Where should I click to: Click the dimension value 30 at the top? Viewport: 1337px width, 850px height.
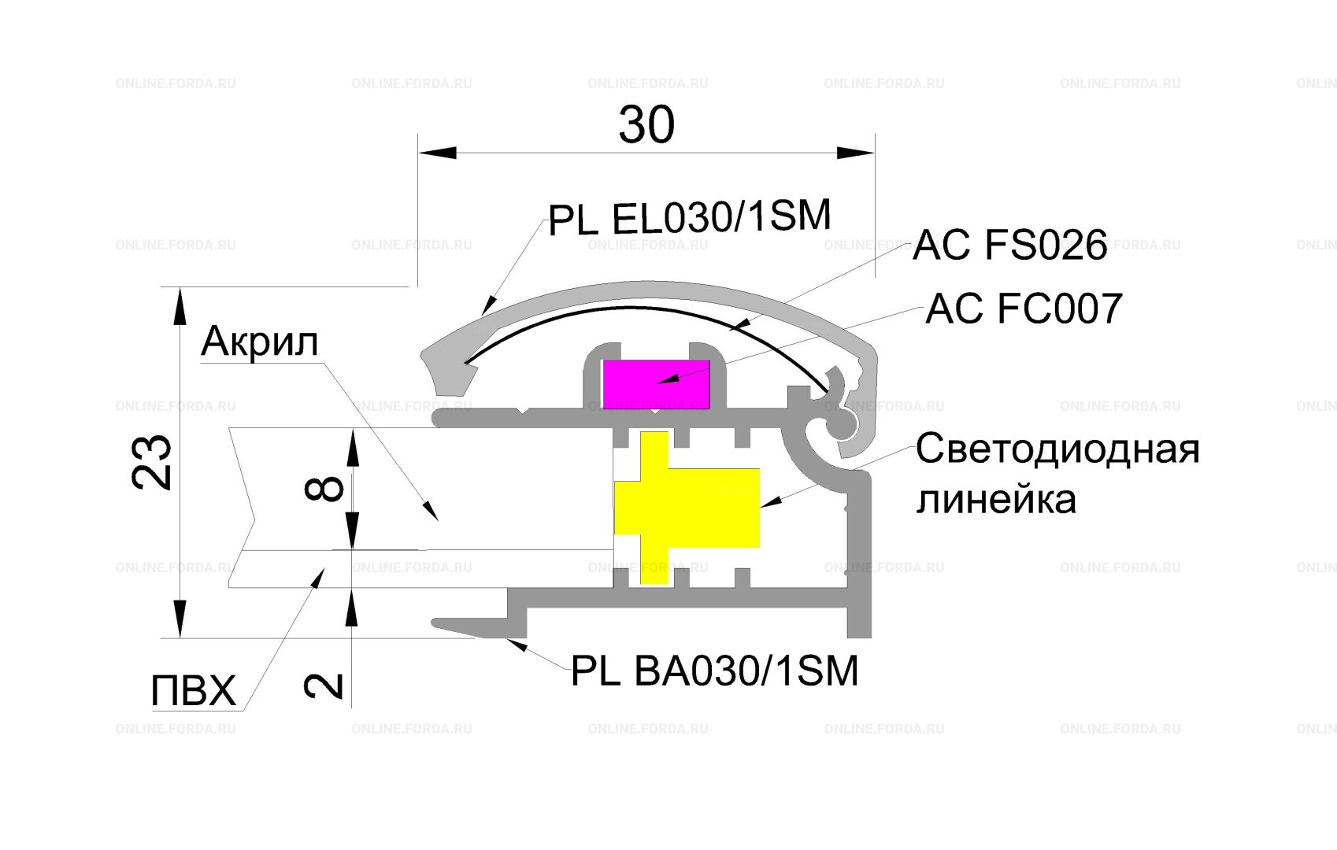pyautogui.click(x=646, y=124)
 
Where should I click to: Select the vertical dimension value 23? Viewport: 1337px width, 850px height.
pyautogui.click(x=152, y=462)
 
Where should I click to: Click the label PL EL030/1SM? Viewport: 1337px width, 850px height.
pyautogui.click(x=690, y=217)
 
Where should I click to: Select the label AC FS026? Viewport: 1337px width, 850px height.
pyautogui.click(x=1010, y=245)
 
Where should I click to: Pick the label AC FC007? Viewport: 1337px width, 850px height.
pyautogui.click(x=1024, y=309)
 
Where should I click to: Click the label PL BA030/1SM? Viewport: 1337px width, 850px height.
pyautogui.click(x=714, y=671)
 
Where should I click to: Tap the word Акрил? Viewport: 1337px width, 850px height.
pyautogui.click(x=260, y=342)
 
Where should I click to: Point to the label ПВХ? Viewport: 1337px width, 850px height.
pyautogui.click(x=194, y=691)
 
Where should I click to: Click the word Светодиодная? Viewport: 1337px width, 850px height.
pyautogui.click(x=1057, y=449)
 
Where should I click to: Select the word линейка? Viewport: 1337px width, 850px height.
pyautogui.click(x=996, y=500)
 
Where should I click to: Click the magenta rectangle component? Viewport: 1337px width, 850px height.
pyautogui.click(x=656, y=383)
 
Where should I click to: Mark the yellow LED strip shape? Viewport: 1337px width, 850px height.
pyautogui.click(x=687, y=508)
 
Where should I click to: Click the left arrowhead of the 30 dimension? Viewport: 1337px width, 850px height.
pyautogui.click(x=438, y=153)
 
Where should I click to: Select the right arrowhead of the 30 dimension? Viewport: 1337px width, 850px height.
pyautogui.click(x=855, y=153)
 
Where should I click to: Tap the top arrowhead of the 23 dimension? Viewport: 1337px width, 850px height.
pyautogui.click(x=179, y=306)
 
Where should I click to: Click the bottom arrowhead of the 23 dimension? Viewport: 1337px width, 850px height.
pyautogui.click(x=179, y=619)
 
